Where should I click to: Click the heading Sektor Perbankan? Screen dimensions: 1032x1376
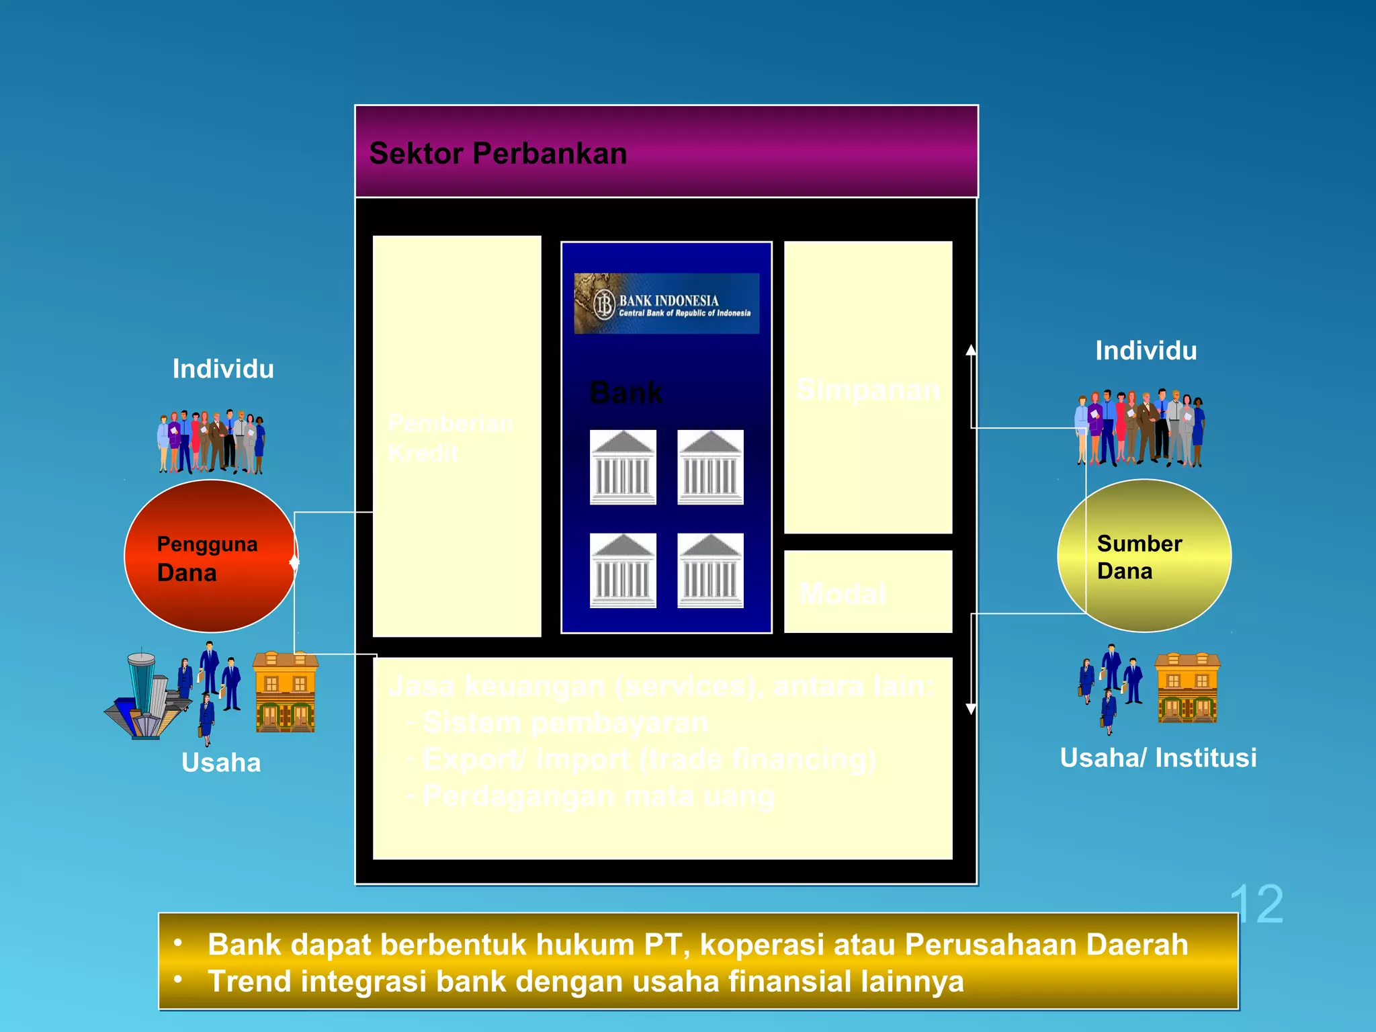point(498,153)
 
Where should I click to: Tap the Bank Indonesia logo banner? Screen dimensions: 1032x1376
point(666,303)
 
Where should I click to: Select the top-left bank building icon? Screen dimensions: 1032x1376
point(623,467)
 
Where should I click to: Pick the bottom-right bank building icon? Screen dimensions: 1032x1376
point(710,570)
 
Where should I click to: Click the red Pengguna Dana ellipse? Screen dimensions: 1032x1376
point(210,556)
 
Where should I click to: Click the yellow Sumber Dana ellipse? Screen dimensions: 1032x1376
point(1144,556)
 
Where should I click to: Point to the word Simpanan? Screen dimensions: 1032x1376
point(868,390)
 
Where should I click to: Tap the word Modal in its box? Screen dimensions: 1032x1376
point(843,594)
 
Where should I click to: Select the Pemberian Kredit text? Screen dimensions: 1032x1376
point(450,438)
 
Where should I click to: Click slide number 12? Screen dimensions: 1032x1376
point(1256,904)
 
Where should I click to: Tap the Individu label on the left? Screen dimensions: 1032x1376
point(223,369)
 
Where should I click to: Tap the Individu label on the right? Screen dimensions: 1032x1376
point(1146,351)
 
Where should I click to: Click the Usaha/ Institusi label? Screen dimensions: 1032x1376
point(1158,758)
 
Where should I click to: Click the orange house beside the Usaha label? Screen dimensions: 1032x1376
point(286,692)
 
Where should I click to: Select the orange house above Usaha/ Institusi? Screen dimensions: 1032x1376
point(1187,688)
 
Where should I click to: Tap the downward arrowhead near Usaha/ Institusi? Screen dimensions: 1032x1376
point(971,709)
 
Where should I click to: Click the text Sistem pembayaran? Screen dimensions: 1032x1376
point(564,723)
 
